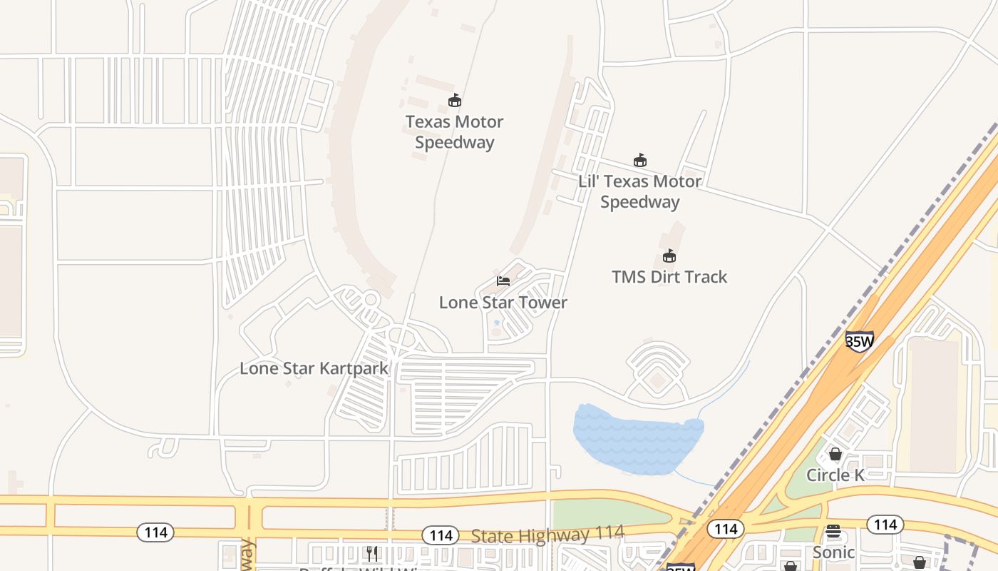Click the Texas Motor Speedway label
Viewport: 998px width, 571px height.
[455, 132]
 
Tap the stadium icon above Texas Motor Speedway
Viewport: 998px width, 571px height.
[455, 101]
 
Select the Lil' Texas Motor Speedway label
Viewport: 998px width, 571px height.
[639, 191]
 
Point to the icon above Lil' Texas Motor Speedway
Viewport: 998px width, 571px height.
[640, 161]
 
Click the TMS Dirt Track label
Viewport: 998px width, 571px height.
[669, 277]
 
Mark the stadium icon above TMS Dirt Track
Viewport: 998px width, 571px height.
[669, 256]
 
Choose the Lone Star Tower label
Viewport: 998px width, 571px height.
[503, 303]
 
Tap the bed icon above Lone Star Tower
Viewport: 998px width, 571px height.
[503, 281]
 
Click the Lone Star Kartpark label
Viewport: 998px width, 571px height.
[314, 369]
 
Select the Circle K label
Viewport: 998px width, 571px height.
[835, 475]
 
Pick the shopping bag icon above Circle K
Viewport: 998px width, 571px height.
[835, 454]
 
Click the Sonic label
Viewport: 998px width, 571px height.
[833, 552]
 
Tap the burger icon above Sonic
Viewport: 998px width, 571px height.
[833, 532]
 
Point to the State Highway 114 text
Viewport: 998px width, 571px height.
[547, 534]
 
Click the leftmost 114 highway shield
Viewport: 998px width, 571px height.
[155, 532]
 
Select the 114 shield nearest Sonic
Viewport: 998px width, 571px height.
[885, 525]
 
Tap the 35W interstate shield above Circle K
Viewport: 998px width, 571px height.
[860, 342]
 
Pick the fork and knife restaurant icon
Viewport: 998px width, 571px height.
[371, 553]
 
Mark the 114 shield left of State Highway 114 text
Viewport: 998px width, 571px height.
[441, 535]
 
